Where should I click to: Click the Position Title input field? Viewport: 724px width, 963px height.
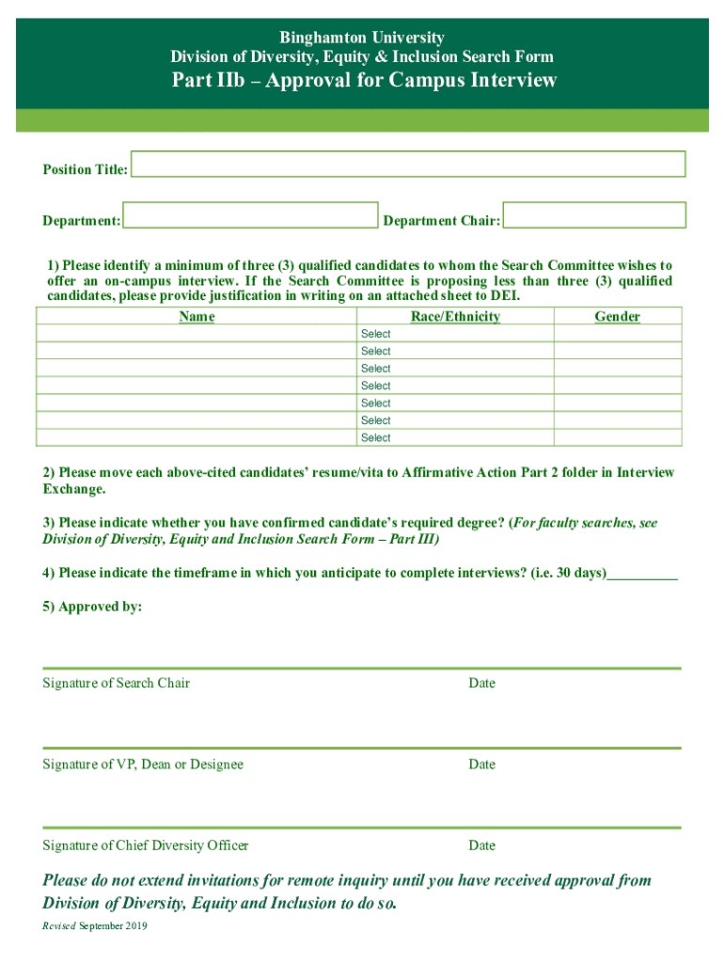click(x=408, y=164)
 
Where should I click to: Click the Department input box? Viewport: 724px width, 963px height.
click(x=250, y=215)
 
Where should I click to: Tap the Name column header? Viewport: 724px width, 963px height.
click(x=197, y=317)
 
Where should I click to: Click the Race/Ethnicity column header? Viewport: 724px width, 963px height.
click(x=455, y=317)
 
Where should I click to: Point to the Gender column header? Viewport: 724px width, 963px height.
click(x=617, y=317)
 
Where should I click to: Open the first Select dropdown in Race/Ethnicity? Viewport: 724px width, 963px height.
click(x=455, y=334)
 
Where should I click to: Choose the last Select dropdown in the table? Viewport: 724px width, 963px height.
click(x=455, y=438)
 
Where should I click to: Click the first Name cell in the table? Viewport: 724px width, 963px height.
click(x=197, y=334)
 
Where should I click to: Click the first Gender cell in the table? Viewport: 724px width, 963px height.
click(x=617, y=334)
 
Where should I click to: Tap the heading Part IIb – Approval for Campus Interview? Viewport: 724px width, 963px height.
click(x=364, y=81)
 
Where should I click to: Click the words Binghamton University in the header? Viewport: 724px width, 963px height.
click(x=364, y=38)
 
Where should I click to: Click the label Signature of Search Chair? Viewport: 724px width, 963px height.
click(x=116, y=683)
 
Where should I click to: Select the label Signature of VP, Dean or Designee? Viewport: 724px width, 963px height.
click(x=143, y=765)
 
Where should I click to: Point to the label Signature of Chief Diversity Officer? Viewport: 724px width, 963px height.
click(x=146, y=845)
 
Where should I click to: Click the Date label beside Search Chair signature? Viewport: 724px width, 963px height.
click(x=481, y=683)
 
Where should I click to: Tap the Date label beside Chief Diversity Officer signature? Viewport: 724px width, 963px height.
click(x=481, y=845)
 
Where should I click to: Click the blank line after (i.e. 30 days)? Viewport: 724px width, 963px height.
click(x=642, y=574)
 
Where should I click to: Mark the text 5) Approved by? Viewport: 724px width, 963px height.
click(x=92, y=607)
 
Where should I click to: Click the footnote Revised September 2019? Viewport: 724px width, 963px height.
click(x=95, y=926)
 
